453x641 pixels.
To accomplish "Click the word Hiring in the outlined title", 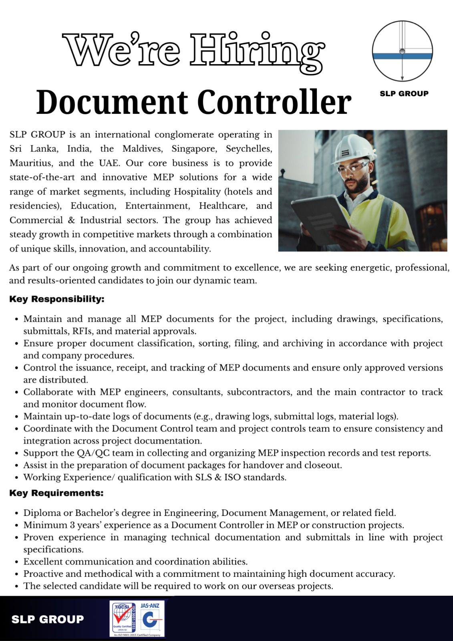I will pos(256,52).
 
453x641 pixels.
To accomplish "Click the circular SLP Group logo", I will pos(402,51).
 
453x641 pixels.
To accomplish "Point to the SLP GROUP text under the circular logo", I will pos(404,94).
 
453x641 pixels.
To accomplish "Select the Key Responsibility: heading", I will pos(57,299).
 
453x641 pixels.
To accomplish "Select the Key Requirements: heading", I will pos(56,493).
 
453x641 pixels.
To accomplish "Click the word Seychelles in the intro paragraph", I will pos(249,149).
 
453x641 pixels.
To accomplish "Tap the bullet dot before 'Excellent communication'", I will pos(16,562).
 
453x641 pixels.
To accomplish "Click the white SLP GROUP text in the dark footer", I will pos(48,619).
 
